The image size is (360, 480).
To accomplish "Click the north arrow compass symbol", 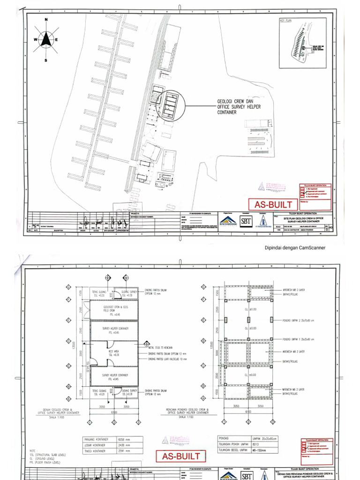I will [46, 40].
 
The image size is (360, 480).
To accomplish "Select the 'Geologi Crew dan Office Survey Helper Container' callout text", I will [239, 107].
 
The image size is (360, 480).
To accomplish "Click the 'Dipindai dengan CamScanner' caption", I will [295, 248].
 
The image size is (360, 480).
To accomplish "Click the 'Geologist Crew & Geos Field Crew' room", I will [115, 310].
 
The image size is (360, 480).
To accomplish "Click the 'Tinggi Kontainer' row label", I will [95, 451].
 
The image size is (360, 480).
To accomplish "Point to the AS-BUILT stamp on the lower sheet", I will [181, 456].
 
